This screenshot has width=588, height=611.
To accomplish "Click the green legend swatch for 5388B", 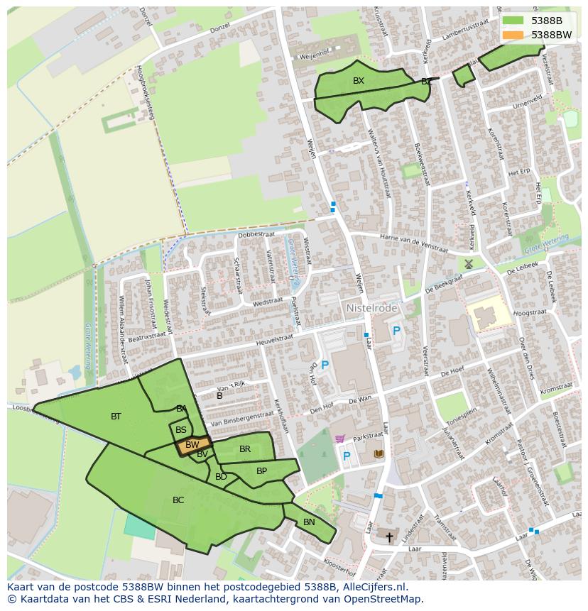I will (513, 21).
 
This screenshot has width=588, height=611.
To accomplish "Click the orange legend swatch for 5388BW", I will (513, 35).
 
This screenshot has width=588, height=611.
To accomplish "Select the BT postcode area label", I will (116, 417).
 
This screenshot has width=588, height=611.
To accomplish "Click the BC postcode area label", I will (178, 500).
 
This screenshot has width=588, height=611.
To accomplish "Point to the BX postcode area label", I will (359, 81).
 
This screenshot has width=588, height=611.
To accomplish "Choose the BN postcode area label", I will (309, 522).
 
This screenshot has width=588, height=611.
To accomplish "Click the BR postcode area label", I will (245, 449).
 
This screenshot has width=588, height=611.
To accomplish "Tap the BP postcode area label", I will (261, 471).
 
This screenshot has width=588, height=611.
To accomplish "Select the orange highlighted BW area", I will (192, 446).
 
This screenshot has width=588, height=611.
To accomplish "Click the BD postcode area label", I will (221, 477).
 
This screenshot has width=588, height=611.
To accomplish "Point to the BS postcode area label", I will (181, 430).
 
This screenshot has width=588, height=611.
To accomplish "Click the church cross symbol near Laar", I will (388, 536).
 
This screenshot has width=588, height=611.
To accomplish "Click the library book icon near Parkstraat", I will (379, 453).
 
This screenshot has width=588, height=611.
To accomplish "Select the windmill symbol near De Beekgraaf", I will (469, 263).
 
